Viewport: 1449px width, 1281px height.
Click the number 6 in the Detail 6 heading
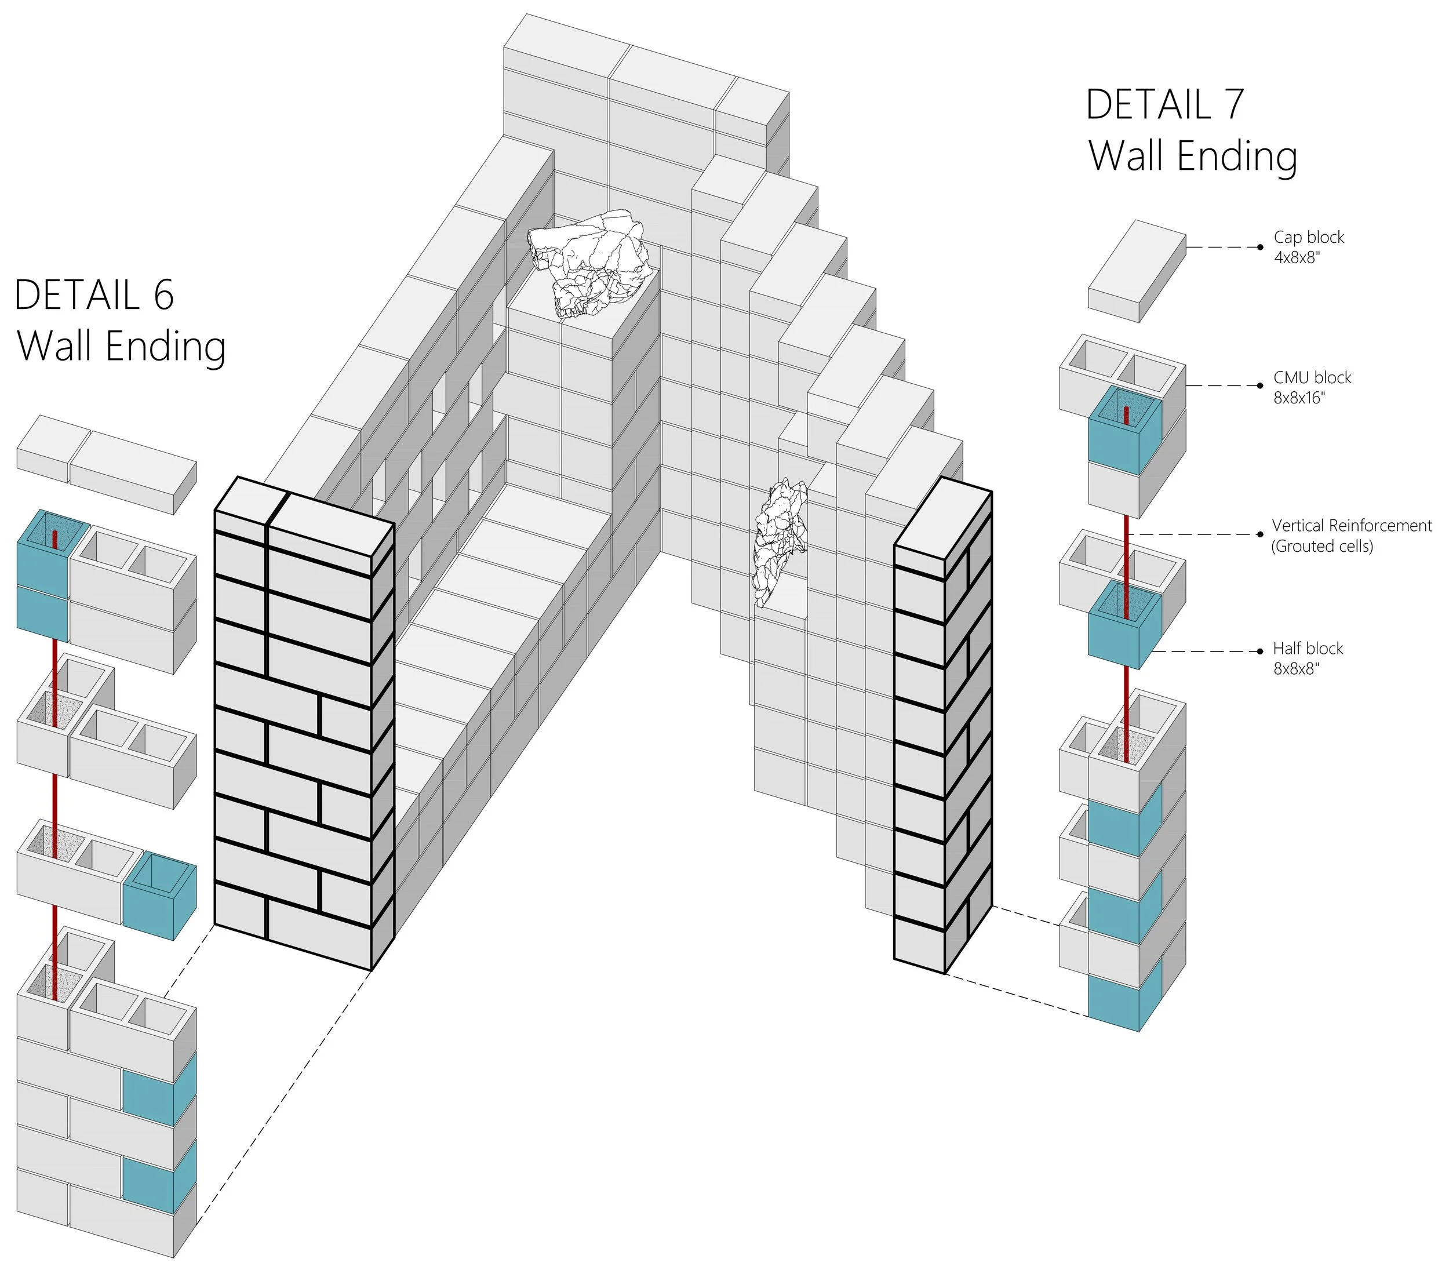tap(164, 295)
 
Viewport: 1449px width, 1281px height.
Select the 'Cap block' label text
tap(1308, 238)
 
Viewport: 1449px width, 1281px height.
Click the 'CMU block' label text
tap(1312, 378)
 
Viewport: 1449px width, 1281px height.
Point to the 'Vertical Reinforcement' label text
tap(1351, 525)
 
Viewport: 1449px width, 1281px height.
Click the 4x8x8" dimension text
tap(1297, 258)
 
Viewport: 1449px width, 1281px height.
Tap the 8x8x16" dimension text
tap(1299, 398)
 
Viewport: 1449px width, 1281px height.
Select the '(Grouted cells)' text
tap(1321, 547)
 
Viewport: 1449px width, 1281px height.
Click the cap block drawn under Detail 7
tap(1137, 271)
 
